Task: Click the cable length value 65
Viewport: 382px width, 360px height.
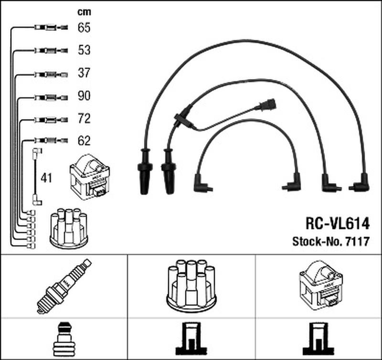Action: (x=84, y=28)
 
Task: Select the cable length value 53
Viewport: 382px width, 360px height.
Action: (x=84, y=50)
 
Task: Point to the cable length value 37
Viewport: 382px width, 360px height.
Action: (x=84, y=73)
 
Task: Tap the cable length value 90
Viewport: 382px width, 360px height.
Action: (x=84, y=96)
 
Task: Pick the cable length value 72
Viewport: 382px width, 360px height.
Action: (x=84, y=118)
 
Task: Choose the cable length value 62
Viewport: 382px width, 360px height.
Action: (x=84, y=141)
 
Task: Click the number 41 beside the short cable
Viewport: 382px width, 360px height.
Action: (x=47, y=179)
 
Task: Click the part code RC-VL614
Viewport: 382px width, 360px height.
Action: (x=337, y=224)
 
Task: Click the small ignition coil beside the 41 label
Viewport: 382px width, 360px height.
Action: (x=89, y=179)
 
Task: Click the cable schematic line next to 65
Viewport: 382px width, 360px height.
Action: (x=48, y=28)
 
